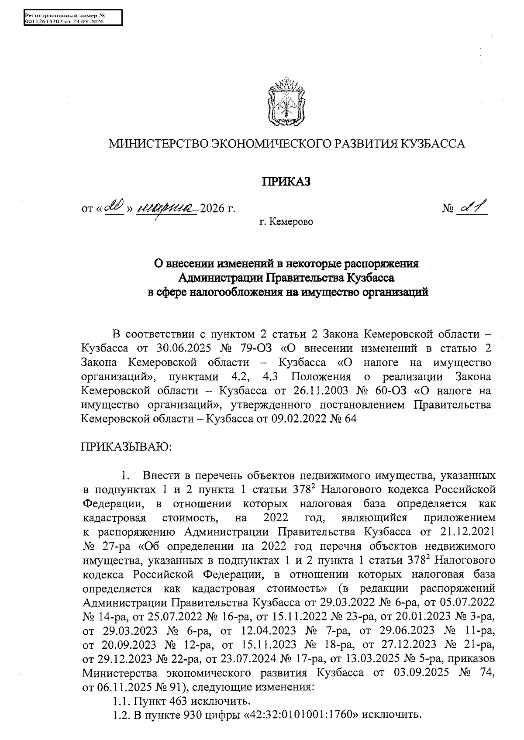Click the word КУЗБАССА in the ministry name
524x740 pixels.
[433, 144]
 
